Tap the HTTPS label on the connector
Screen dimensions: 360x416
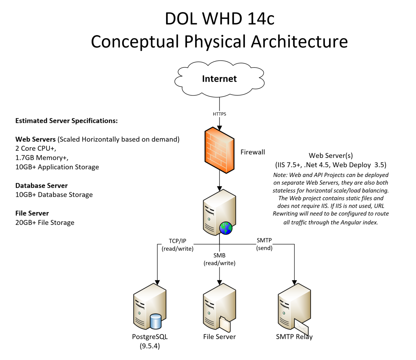click(219, 114)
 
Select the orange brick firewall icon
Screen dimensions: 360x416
click(219, 150)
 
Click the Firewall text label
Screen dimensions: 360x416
click(253, 152)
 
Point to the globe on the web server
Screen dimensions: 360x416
click(226, 228)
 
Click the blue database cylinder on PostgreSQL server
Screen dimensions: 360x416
click(155, 321)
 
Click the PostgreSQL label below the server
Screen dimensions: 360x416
click(150, 337)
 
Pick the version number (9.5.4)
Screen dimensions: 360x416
click(150, 346)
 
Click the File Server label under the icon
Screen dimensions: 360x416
click(219, 337)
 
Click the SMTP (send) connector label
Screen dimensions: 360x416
click(264, 244)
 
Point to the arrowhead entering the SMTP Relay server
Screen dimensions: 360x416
click(294, 282)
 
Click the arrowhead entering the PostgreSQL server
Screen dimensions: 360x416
click(157, 282)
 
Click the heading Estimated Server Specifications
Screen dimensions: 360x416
click(66, 121)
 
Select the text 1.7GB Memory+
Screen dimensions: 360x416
click(42, 158)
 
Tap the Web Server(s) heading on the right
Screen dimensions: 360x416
click(331, 156)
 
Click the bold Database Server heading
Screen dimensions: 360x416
click(42, 186)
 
